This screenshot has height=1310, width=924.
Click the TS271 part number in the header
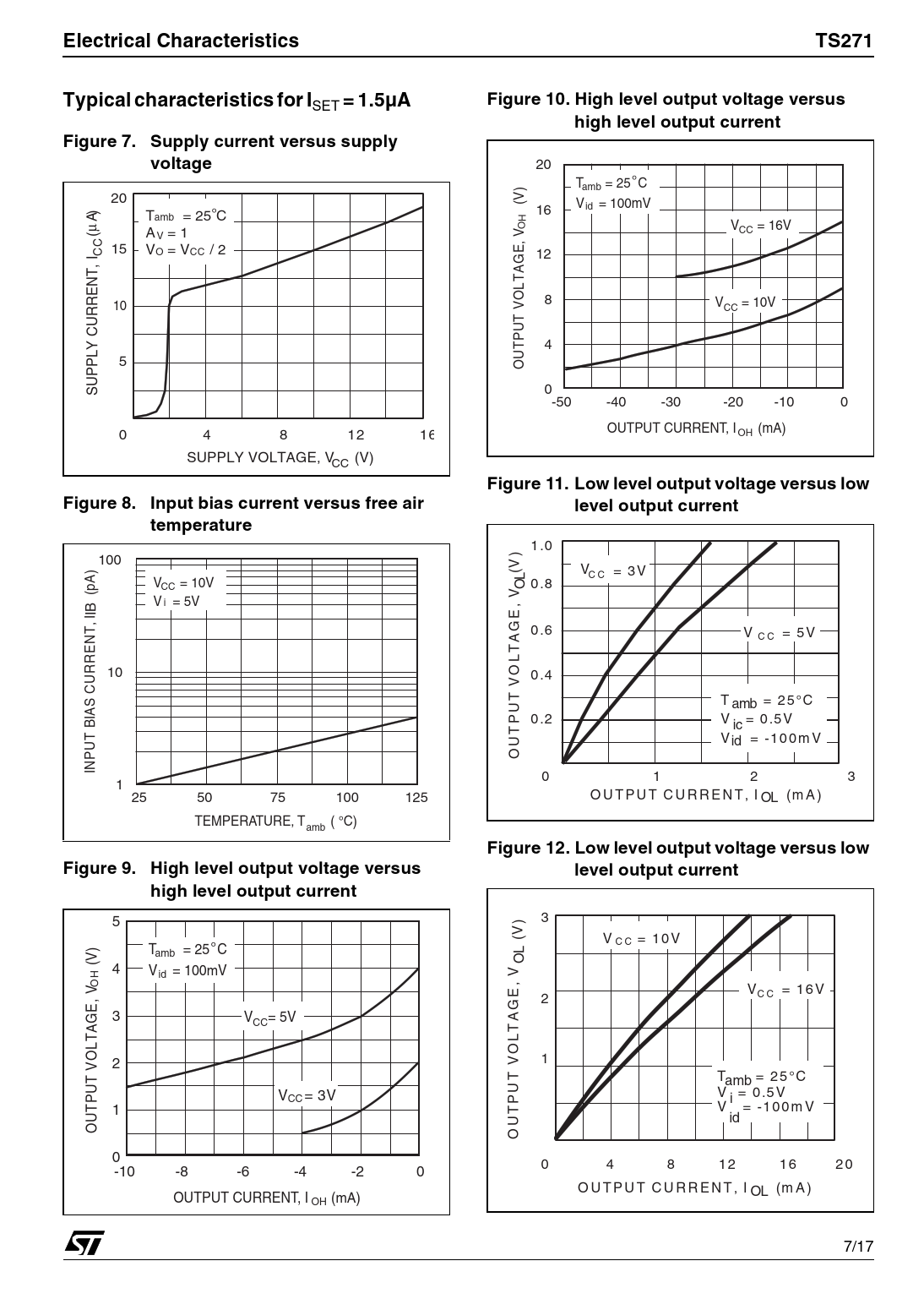(843, 41)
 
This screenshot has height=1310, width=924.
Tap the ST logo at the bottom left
(84, 1242)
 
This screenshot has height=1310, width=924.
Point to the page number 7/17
(858, 1247)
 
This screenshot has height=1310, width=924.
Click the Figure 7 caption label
(99, 141)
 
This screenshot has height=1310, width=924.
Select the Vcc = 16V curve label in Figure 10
(760, 227)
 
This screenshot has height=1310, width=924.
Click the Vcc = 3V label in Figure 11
(613, 570)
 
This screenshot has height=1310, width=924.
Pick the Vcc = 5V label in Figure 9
(270, 1018)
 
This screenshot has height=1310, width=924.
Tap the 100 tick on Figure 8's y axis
(110, 559)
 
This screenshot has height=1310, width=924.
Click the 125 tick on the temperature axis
(416, 797)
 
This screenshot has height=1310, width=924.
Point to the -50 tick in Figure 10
(561, 402)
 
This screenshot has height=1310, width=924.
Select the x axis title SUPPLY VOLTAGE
(280, 458)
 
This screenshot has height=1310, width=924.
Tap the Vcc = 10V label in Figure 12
(641, 939)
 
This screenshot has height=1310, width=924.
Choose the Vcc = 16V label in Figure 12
(785, 990)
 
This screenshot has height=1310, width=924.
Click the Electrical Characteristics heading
(181, 41)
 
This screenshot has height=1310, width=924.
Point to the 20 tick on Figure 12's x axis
(843, 1165)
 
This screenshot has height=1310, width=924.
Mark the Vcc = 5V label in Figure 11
(779, 633)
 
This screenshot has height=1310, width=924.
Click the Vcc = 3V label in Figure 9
(307, 1095)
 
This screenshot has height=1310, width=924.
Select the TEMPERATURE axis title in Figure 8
(275, 821)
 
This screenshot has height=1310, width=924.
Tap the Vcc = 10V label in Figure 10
(744, 303)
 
